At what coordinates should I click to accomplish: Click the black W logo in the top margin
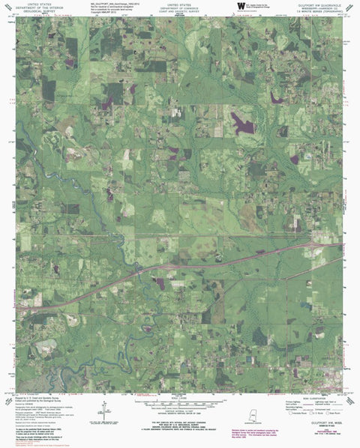(x=240, y=7)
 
